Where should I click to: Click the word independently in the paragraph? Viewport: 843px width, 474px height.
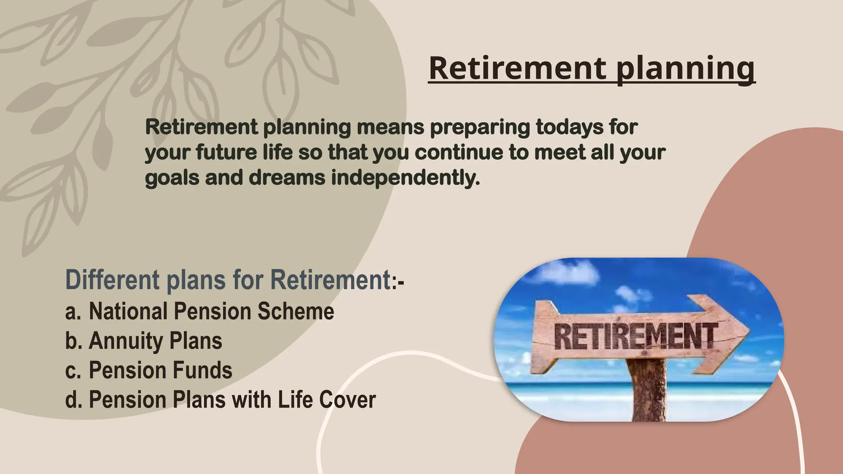click(x=405, y=178)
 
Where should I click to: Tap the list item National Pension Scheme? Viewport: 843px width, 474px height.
click(x=211, y=311)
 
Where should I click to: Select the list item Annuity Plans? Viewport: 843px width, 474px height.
click(x=155, y=341)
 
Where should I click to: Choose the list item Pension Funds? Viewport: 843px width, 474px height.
click(x=161, y=370)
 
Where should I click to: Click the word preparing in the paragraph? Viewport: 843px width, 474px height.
click(x=480, y=128)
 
